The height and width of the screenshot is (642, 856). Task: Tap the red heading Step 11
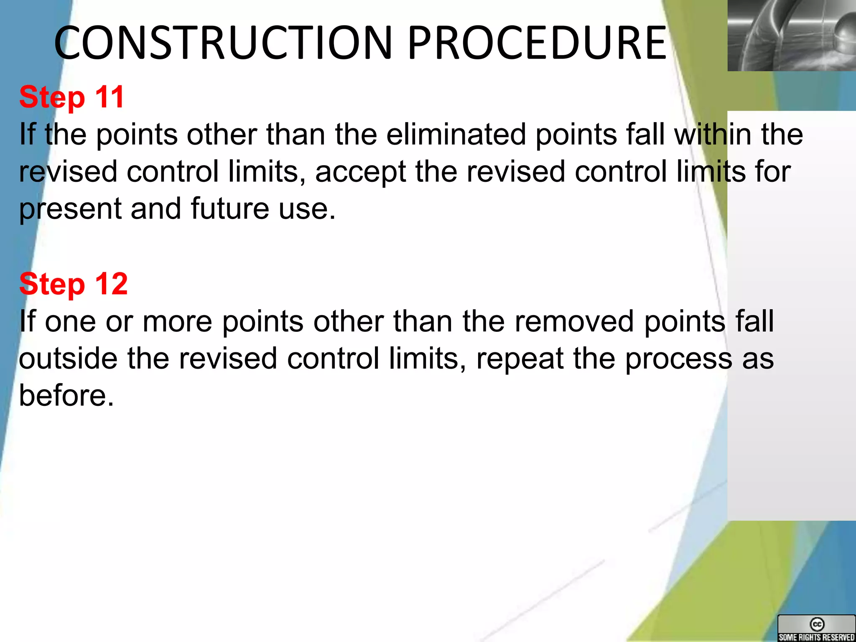click(x=72, y=97)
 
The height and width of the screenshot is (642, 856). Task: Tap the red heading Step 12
click(x=74, y=284)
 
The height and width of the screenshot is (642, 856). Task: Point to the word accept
click(x=360, y=172)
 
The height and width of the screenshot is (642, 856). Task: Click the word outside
click(x=68, y=359)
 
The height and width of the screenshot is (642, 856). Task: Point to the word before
click(x=66, y=395)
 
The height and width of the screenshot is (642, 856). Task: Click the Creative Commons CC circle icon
click(x=817, y=624)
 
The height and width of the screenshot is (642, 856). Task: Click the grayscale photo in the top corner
click(x=791, y=35)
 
